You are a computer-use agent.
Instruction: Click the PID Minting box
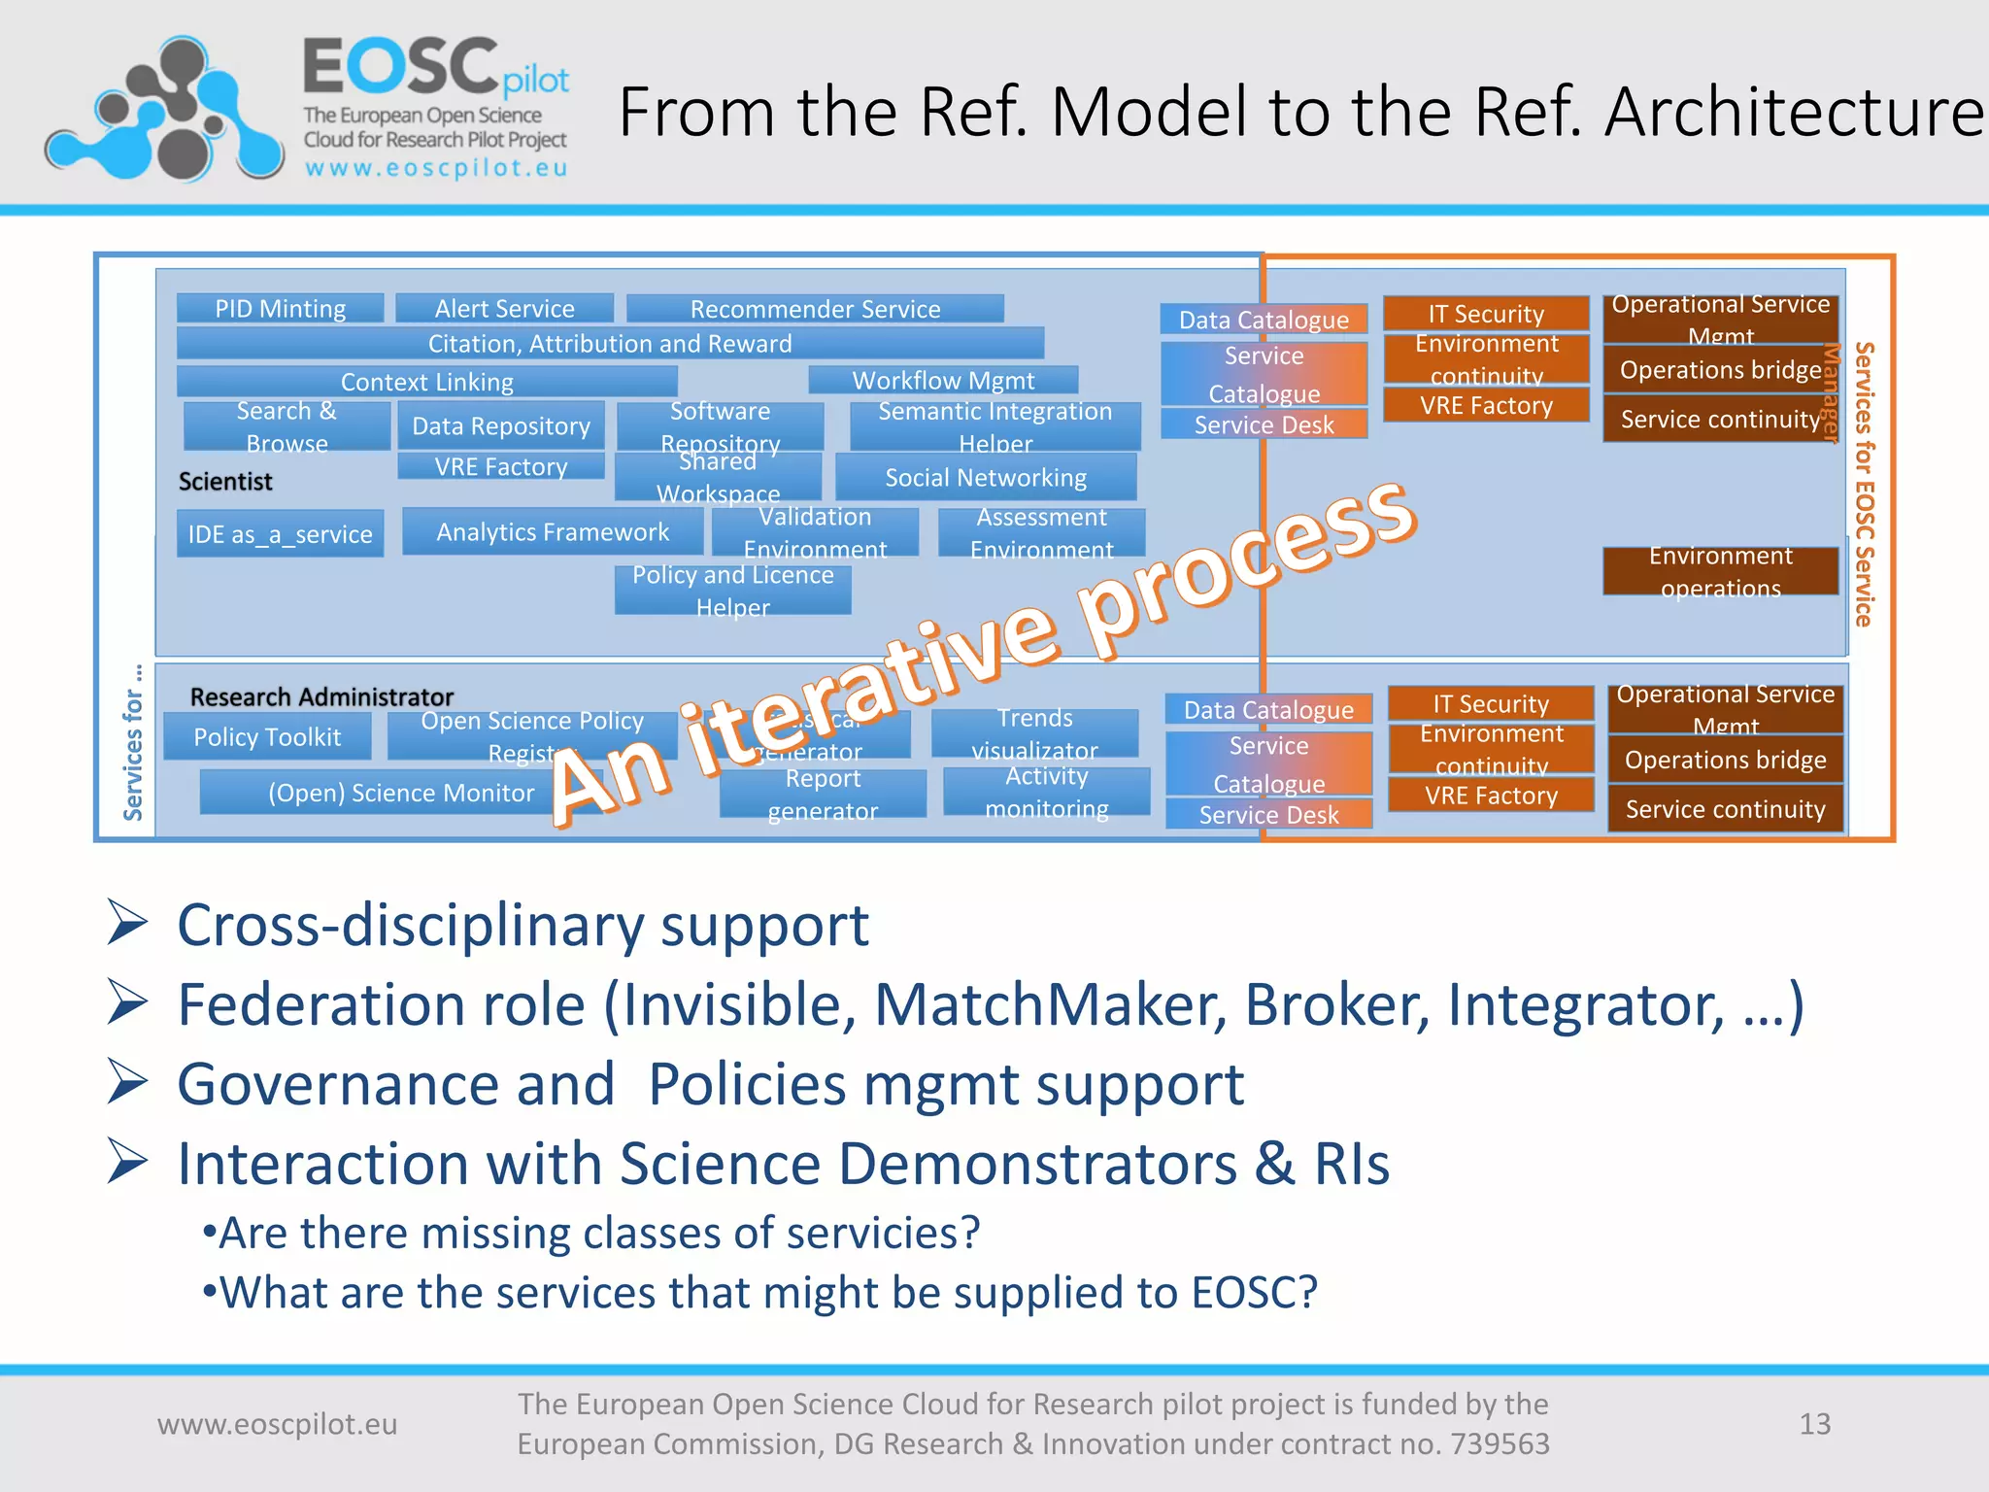[280, 309]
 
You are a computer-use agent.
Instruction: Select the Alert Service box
[504, 309]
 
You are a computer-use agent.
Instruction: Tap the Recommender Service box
[815, 309]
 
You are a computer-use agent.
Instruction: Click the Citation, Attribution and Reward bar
[610, 344]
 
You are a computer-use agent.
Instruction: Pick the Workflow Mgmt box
[943, 380]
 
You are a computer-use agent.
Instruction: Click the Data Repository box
[501, 426]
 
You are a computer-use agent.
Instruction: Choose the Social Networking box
[986, 478]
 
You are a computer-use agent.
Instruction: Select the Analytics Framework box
[553, 532]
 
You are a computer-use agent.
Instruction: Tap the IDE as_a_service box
[280, 534]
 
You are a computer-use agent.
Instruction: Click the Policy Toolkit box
[267, 737]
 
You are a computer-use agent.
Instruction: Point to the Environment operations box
[1720, 572]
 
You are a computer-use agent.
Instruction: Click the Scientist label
[225, 482]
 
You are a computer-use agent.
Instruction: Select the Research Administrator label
[321, 697]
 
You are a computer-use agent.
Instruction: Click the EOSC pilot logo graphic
[163, 109]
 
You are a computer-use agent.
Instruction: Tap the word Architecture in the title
[1793, 113]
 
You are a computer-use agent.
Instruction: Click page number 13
[1814, 1424]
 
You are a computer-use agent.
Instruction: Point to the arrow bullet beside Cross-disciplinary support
[127, 924]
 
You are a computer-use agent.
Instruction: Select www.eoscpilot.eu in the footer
[278, 1424]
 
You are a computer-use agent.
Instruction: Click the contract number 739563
[1500, 1444]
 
